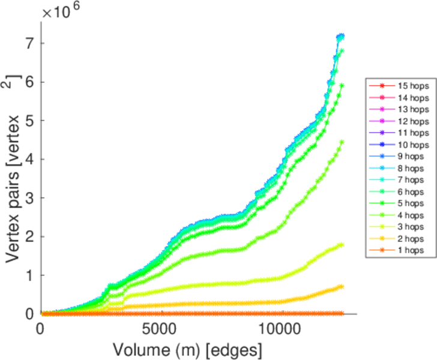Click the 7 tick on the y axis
pyautogui.click(x=29, y=43)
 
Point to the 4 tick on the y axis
pyautogui.click(x=29, y=159)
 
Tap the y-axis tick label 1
pyautogui.click(x=29, y=275)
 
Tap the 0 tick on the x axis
pyautogui.click(x=41, y=329)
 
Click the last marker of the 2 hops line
pyautogui.click(x=342, y=286)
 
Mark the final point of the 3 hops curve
pyautogui.click(x=342, y=245)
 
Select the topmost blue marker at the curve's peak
pyautogui.click(x=341, y=36)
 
